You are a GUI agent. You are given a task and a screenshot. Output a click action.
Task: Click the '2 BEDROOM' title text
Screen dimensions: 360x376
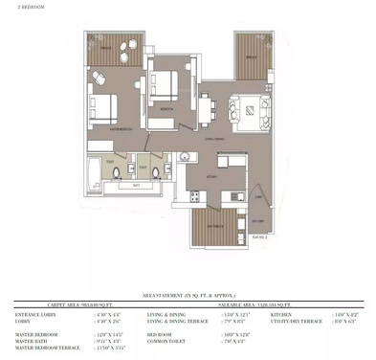click(18, 6)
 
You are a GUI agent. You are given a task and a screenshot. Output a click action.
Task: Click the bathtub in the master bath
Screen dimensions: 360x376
click(90, 174)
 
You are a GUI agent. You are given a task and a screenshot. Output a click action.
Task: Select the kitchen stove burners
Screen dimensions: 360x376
click(195, 197)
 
